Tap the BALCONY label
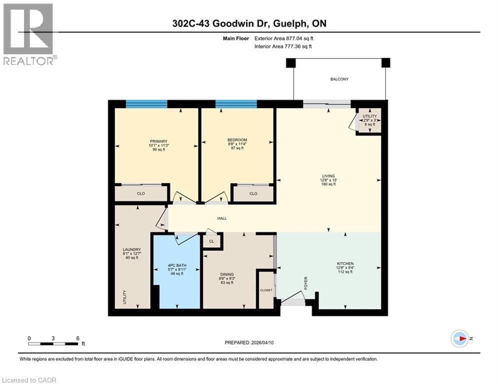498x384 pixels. pyautogui.click(x=339, y=79)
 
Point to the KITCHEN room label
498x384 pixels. pyautogui.click(x=345, y=263)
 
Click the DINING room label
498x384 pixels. pyautogui.click(x=227, y=274)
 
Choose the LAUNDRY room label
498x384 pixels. pyautogui.click(x=132, y=249)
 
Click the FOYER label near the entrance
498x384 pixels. pyautogui.click(x=305, y=283)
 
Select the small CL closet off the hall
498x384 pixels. pyautogui.click(x=212, y=241)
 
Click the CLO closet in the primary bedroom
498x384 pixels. pyautogui.click(x=141, y=193)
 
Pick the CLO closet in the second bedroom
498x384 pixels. pyautogui.click(x=253, y=193)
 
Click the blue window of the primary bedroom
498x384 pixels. pyautogui.click(x=146, y=104)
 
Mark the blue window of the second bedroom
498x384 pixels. pyautogui.click(x=236, y=104)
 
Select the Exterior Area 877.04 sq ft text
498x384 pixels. pyautogui.click(x=284, y=38)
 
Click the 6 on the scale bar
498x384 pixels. pyautogui.click(x=78, y=338)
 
